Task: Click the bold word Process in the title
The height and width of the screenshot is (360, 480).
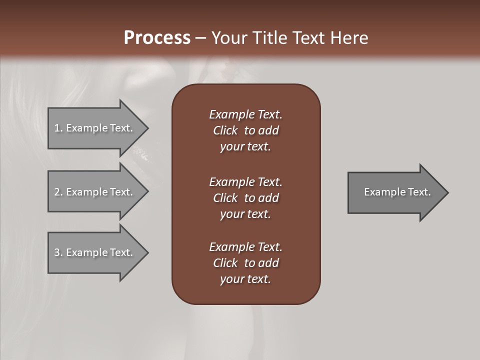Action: [x=157, y=38]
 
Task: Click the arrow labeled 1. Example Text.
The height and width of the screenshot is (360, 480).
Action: [x=95, y=128]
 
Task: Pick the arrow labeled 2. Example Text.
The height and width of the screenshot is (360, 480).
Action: [x=95, y=192]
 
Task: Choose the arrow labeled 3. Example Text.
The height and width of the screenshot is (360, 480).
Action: [x=95, y=252]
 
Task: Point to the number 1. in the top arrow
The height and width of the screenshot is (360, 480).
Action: [x=58, y=128]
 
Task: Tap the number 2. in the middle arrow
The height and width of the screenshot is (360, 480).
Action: [x=58, y=192]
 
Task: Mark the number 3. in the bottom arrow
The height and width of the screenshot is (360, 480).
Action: [x=58, y=252]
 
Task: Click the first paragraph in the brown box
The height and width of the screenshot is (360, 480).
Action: [x=245, y=130]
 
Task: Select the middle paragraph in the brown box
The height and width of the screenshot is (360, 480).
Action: [x=245, y=198]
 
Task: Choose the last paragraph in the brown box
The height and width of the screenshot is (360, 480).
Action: [x=245, y=263]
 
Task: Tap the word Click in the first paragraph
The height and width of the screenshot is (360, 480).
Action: [x=225, y=130]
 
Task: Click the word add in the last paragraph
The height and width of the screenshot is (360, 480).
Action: [x=268, y=263]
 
